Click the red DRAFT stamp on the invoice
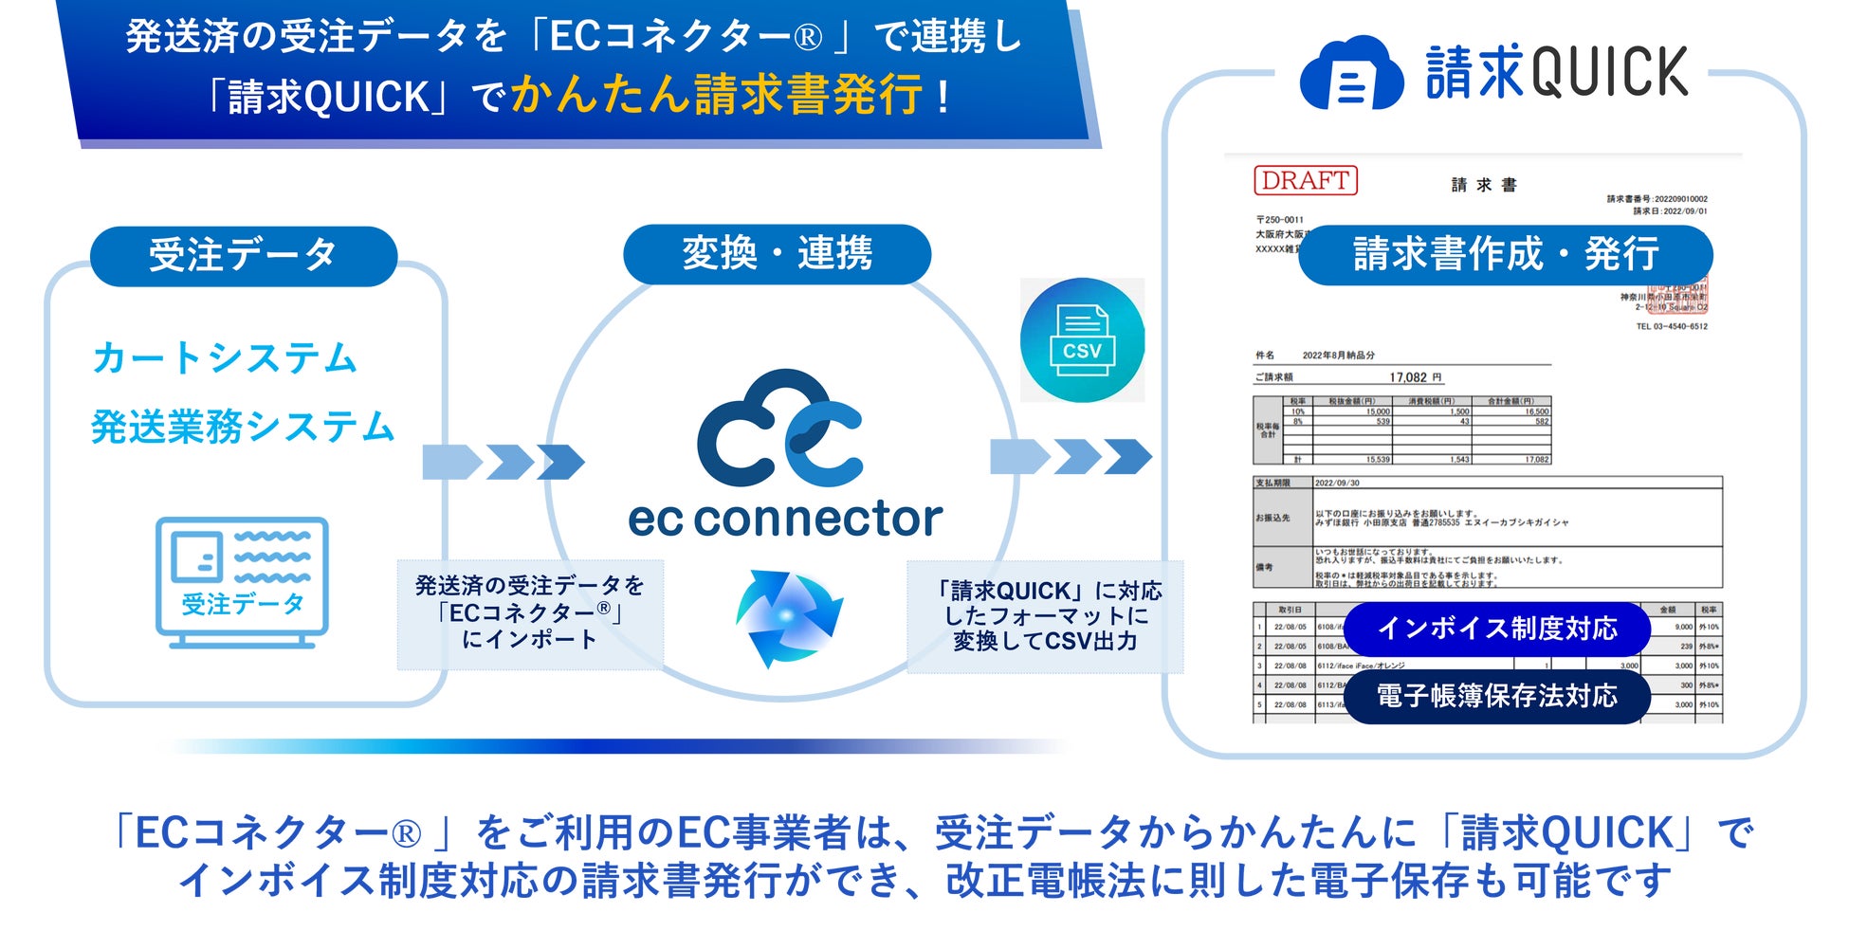(1305, 180)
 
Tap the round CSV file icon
(1082, 340)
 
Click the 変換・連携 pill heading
(777, 254)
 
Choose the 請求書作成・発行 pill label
(1505, 255)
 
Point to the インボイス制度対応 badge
(1496, 629)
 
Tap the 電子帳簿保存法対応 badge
(1496, 697)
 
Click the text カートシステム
(225, 358)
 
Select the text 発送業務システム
(243, 427)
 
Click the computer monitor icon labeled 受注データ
(242, 581)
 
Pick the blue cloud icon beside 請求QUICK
(1350, 74)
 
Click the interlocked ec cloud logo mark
(779, 428)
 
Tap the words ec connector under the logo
(785, 519)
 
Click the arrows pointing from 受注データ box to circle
(503, 462)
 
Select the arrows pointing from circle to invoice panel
(1071, 457)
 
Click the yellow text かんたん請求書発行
(716, 96)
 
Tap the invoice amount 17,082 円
(1415, 377)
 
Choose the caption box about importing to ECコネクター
(529, 613)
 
